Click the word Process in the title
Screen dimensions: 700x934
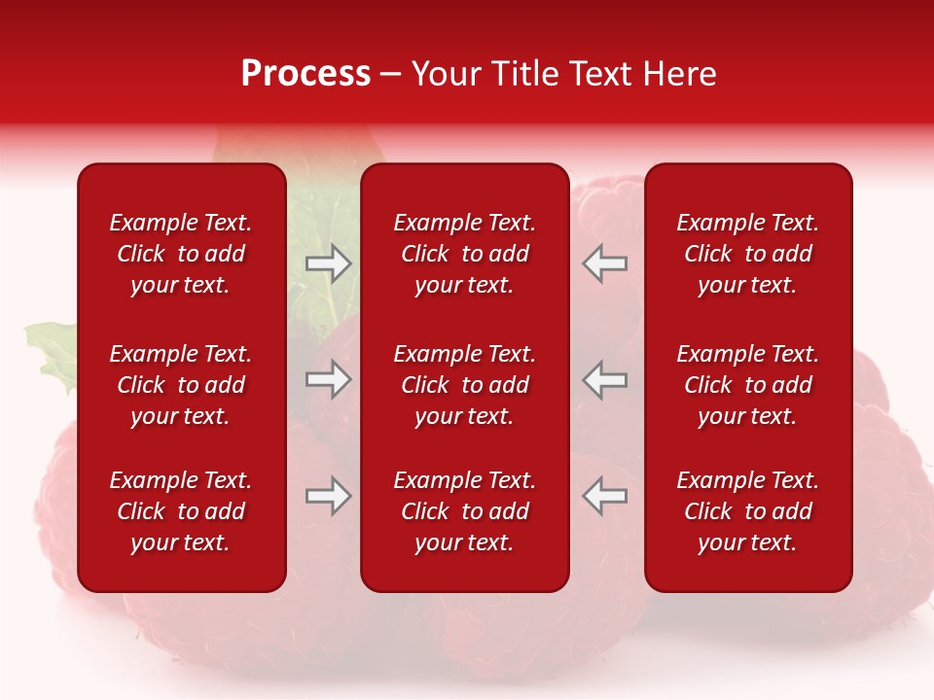click(305, 74)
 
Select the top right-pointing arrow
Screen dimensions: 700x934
click(328, 263)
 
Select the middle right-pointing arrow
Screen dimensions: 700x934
click(328, 379)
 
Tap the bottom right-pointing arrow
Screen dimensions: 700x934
click(328, 496)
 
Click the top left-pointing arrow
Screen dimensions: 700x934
click(605, 263)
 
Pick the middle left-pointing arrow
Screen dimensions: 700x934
click(605, 379)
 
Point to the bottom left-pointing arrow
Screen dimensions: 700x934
click(605, 496)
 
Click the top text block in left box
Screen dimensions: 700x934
click(181, 254)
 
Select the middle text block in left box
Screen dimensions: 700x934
click(181, 385)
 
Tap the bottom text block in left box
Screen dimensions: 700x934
click(181, 511)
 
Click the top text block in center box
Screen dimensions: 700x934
click(465, 254)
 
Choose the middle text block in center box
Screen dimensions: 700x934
click(465, 385)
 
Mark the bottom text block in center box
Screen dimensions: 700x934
click(465, 511)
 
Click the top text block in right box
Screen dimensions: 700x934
click(748, 254)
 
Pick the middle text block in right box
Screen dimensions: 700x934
click(748, 385)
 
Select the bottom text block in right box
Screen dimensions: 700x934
click(748, 511)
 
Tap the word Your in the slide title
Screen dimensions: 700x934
click(448, 74)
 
